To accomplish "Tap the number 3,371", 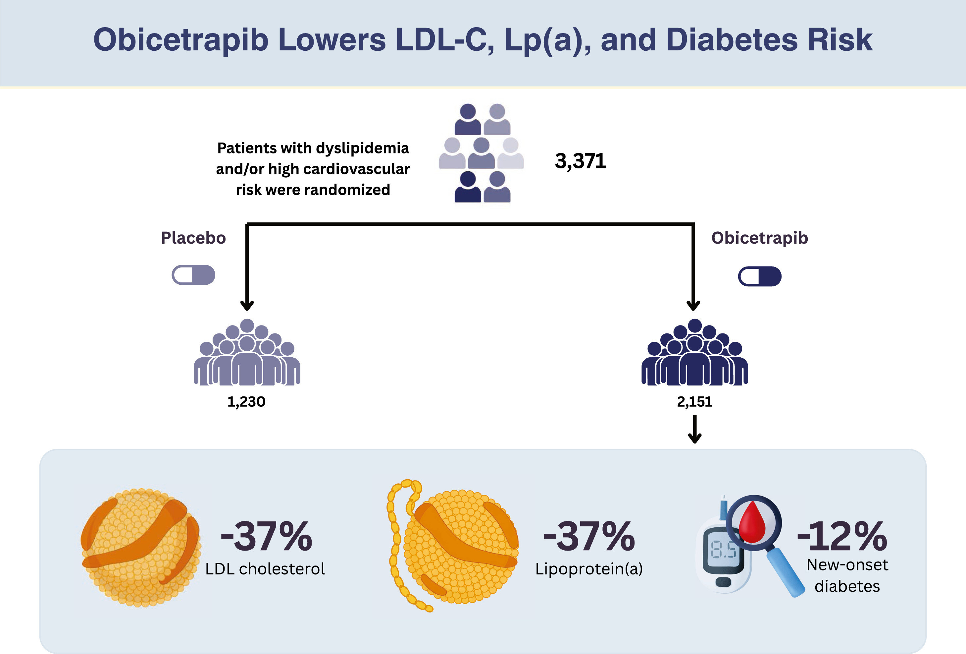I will pos(580,161).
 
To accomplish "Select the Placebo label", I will pos(193,238).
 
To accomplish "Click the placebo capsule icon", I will pos(193,275).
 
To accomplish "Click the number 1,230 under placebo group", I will pos(246,402).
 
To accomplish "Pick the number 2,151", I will pos(694,402).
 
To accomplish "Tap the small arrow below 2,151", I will pos(694,431).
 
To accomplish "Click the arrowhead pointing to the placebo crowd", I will pos(247,305).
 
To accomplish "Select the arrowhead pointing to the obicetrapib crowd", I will pos(693,305).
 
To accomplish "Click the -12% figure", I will pos(842,537).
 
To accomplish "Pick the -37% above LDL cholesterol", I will pos(266,537).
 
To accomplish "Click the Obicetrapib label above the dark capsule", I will pos(759,238).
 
